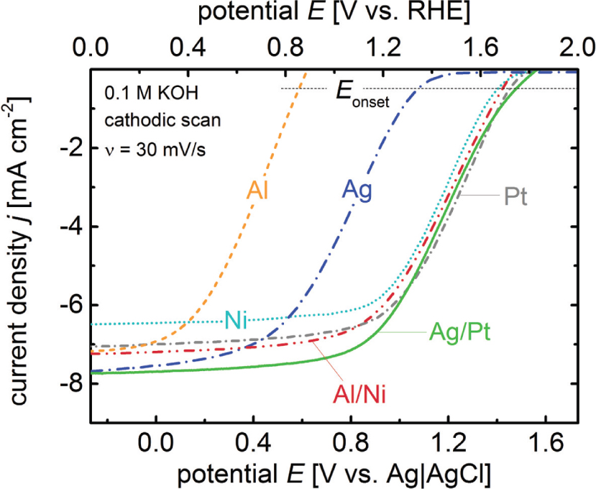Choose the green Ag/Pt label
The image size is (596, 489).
[x=460, y=332]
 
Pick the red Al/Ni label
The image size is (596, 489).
[x=357, y=394]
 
